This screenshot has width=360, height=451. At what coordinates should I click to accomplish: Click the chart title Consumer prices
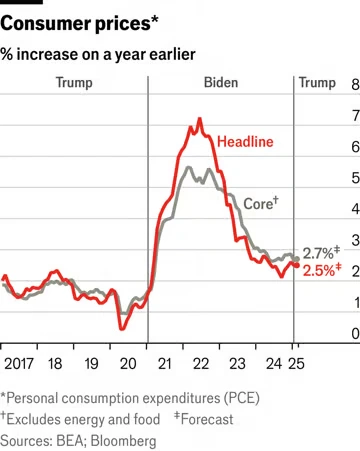(x=79, y=24)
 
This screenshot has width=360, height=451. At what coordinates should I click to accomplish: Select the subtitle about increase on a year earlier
(x=98, y=55)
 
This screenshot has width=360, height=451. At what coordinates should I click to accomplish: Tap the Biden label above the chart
(x=221, y=83)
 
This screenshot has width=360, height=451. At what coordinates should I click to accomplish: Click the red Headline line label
(x=245, y=142)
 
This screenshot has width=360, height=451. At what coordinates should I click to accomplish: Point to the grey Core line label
(x=261, y=203)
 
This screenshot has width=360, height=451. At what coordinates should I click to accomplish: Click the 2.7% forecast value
(x=321, y=253)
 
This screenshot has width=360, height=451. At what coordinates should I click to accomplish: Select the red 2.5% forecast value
(x=322, y=270)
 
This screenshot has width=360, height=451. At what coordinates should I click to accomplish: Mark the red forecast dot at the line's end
(x=297, y=265)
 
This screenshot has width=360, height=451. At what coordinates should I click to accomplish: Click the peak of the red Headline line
(x=200, y=118)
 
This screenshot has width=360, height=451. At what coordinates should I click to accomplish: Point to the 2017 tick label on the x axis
(x=19, y=364)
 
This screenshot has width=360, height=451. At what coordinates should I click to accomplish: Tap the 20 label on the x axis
(x=128, y=364)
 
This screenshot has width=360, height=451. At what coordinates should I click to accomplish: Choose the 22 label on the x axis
(x=201, y=364)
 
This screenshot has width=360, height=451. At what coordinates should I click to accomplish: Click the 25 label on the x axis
(x=296, y=364)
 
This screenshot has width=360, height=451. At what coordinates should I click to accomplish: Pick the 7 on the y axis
(x=356, y=116)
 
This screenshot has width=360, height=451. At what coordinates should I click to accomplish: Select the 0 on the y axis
(x=356, y=333)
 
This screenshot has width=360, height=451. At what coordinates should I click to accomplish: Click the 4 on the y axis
(x=356, y=209)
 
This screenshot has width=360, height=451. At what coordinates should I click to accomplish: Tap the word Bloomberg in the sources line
(x=123, y=441)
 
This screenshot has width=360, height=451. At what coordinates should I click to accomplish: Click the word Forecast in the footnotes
(x=207, y=419)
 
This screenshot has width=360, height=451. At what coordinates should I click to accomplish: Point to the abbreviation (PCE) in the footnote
(x=242, y=398)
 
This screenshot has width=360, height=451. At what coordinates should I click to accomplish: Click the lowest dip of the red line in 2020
(x=122, y=329)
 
